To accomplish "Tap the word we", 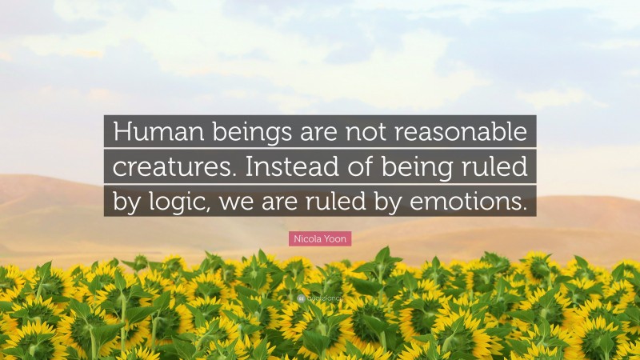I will click(x=243, y=202).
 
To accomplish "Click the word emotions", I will click(x=473, y=202).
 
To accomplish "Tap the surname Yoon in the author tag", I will click(x=336, y=238).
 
